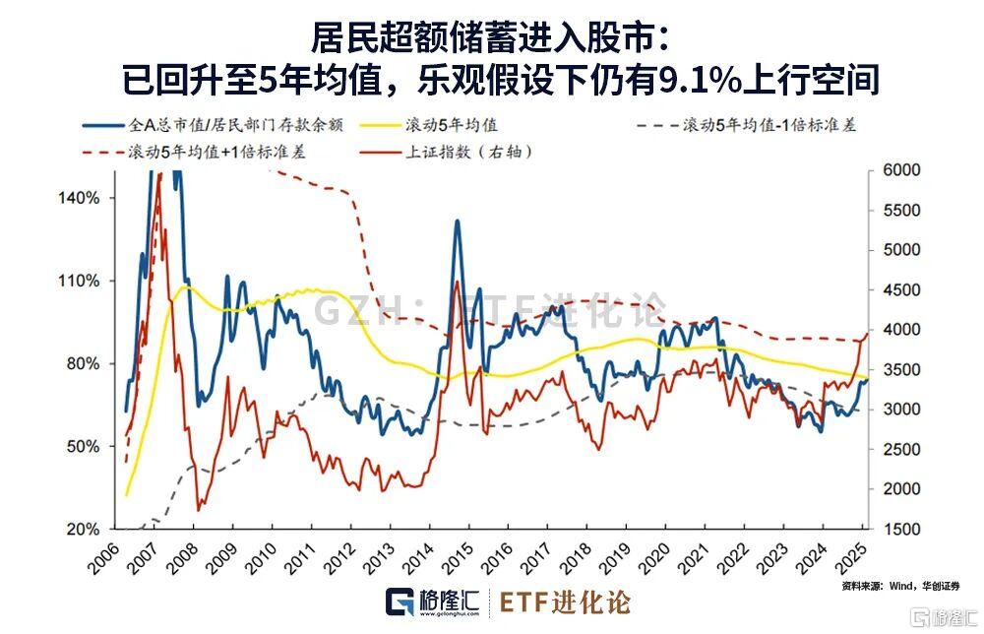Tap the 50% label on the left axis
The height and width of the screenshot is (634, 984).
(x=84, y=447)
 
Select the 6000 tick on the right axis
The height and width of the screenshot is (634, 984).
(x=902, y=170)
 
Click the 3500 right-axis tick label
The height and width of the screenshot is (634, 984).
(x=902, y=370)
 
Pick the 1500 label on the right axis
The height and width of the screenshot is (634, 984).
(x=902, y=530)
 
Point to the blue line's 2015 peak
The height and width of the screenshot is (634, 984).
(x=457, y=222)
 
